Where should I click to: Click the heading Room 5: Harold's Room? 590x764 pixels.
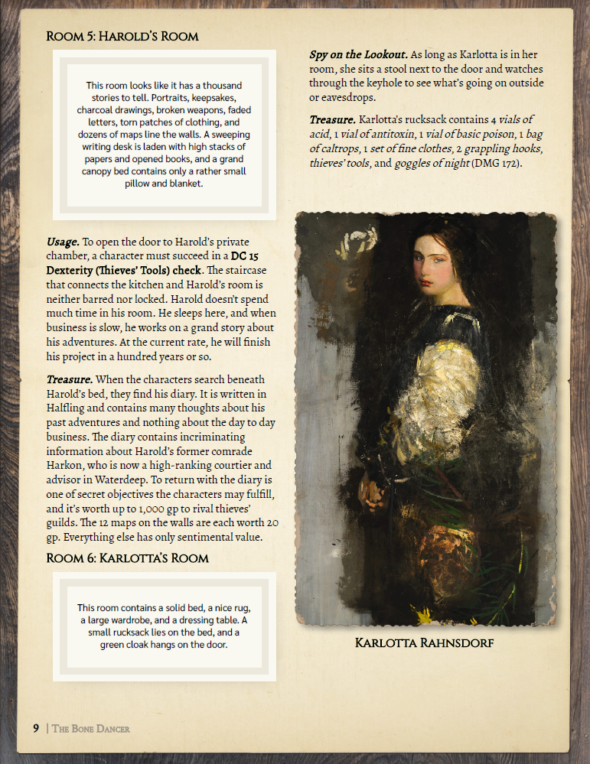[x=122, y=37]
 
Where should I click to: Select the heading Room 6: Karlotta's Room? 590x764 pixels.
[x=127, y=558]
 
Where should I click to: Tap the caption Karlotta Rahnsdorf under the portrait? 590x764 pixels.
[x=424, y=642]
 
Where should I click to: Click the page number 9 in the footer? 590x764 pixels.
[x=36, y=728]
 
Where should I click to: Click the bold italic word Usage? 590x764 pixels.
[x=63, y=242]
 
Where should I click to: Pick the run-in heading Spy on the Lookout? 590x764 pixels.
[x=358, y=55]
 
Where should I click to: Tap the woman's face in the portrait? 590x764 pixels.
[x=432, y=261]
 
